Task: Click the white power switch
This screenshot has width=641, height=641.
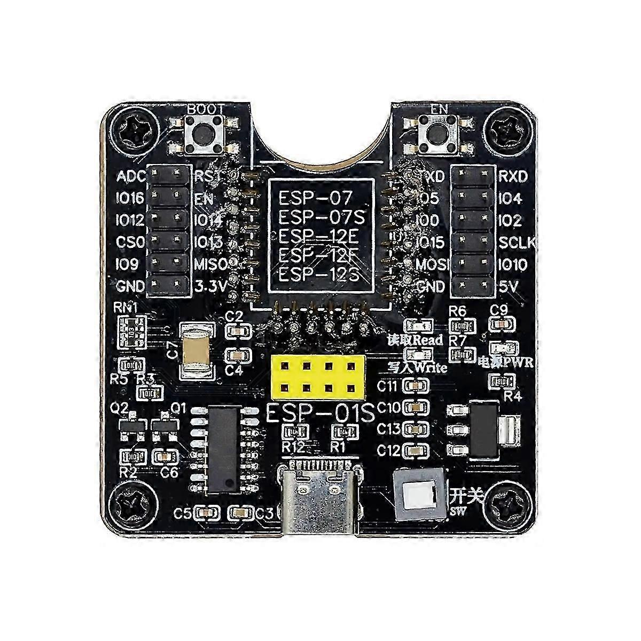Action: [x=419, y=495]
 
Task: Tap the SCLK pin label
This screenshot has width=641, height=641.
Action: [x=517, y=242]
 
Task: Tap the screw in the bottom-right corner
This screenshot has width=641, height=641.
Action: [x=506, y=504]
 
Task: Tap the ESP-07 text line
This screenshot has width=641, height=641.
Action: [x=315, y=199]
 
